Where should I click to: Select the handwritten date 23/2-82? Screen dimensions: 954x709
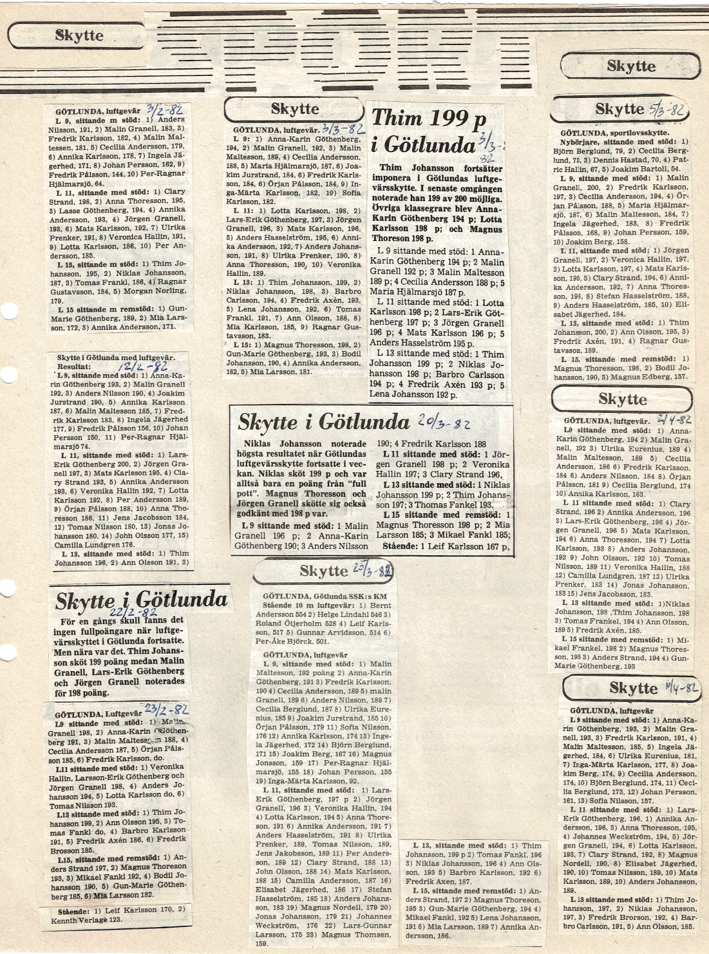(166, 710)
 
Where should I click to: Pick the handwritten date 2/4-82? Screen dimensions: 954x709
(674, 419)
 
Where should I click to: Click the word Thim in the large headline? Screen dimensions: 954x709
(395, 118)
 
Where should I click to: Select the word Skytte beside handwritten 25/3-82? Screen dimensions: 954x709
(323, 571)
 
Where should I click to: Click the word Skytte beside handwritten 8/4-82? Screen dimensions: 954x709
(633, 688)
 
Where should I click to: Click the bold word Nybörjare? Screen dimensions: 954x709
(581, 142)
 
